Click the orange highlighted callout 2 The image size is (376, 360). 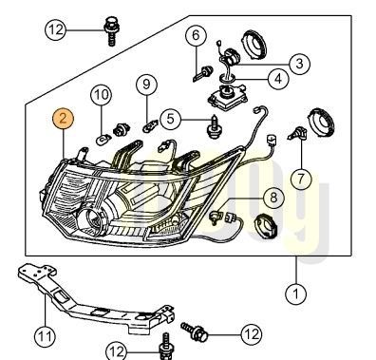[x=63, y=119]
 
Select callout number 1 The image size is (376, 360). [x=297, y=294]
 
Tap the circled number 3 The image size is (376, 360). [x=298, y=63]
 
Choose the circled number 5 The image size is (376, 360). [x=170, y=120]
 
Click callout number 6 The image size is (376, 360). [x=196, y=37]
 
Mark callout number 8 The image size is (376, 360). [x=273, y=199]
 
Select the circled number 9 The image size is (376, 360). [x=147, y=85]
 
